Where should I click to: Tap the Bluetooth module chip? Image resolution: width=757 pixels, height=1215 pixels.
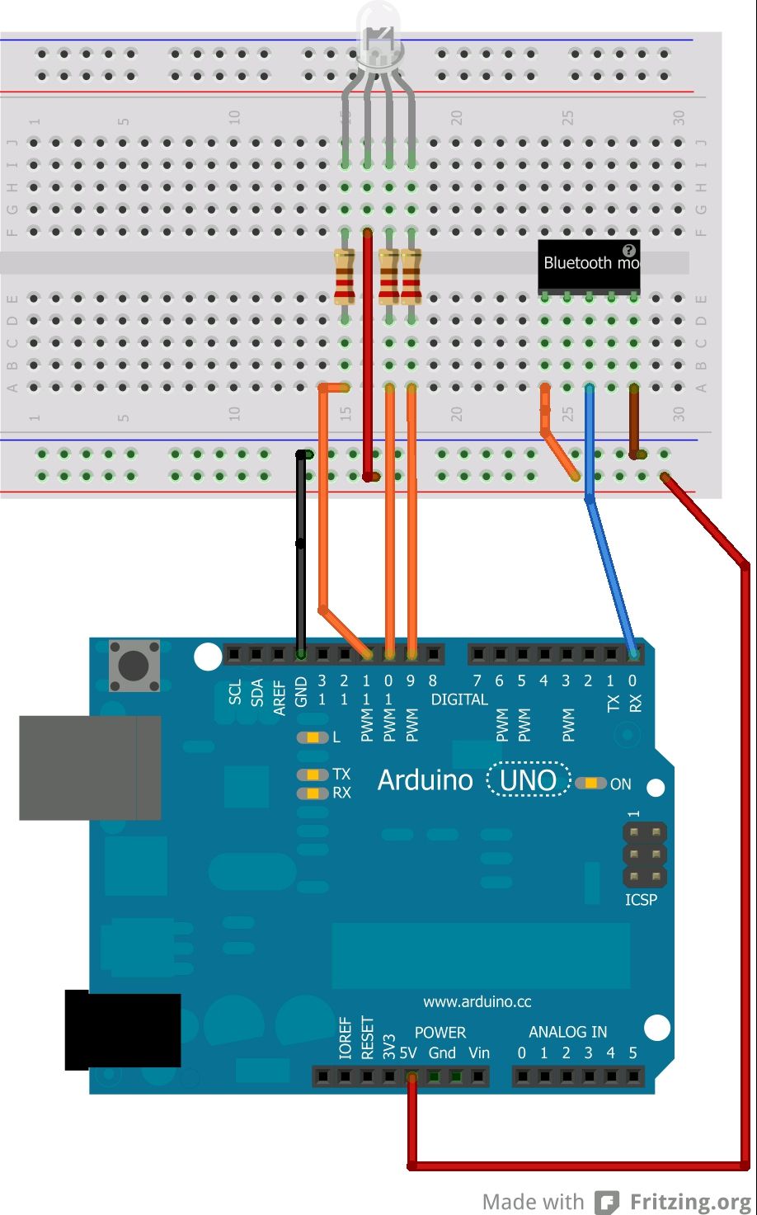coord(589,266)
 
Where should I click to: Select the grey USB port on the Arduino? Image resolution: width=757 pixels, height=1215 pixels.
coord(89,767)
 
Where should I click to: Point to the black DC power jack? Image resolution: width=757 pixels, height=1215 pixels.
coord(122,1029)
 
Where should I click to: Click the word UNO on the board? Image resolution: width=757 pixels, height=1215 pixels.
coord(529,780)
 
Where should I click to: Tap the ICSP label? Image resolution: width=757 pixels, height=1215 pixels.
coord(641,899)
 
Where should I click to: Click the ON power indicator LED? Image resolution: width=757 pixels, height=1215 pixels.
coord(591,784)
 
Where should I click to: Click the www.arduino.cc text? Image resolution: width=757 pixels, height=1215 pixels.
coord(477,1002)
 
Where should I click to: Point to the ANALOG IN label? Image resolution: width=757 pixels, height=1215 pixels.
coord(567,1032)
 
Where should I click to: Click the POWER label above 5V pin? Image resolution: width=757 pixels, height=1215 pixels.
coord(440,1033)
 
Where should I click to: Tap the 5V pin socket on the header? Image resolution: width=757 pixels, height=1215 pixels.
coord(411,1076)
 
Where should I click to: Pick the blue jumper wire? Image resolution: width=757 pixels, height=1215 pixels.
coord(609,569)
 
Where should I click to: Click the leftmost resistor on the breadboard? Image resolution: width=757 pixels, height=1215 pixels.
coord(345,276)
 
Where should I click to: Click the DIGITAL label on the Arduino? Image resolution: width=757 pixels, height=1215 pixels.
coord(459,699)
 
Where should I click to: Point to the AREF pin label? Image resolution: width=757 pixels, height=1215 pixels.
coord(280,698)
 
